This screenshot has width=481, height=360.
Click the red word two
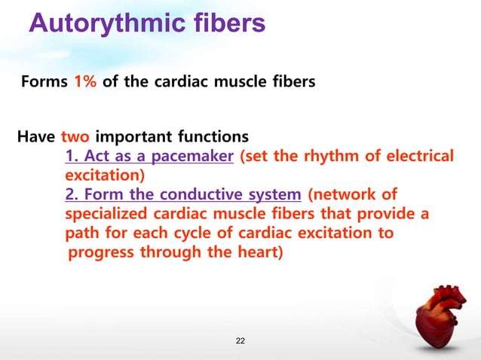[74, 138]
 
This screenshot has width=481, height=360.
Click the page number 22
[240, 343]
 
